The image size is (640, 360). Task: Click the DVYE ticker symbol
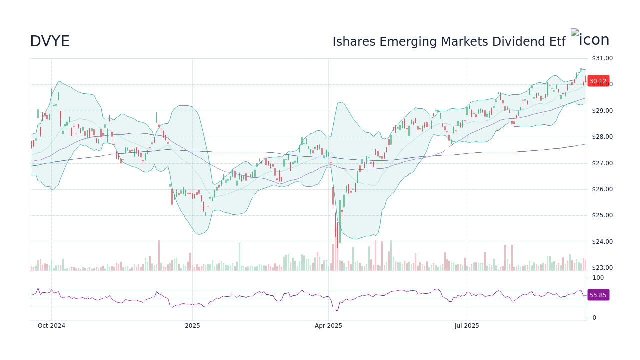point(50,41)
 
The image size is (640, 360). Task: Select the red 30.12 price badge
point(598,81)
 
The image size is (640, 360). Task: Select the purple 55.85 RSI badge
point(598,295)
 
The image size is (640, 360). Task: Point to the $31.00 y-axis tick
point(602,58)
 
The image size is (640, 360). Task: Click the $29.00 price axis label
point(602,111)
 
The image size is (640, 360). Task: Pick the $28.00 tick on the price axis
point(602,137)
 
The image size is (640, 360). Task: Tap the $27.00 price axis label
point(602,163)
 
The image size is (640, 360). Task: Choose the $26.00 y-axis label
point(602,189)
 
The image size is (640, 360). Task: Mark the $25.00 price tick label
point(602,215)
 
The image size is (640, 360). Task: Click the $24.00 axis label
point(602,242)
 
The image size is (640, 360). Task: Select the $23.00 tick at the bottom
point(602,268)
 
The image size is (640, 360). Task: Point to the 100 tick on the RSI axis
point(598,278)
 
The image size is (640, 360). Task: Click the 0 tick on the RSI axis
point(594,318)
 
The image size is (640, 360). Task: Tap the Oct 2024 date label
point(51,326)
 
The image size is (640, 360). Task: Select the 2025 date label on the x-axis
point(192,326)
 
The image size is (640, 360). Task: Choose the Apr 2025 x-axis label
point(328,326)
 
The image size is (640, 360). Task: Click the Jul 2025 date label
point(467,326)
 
